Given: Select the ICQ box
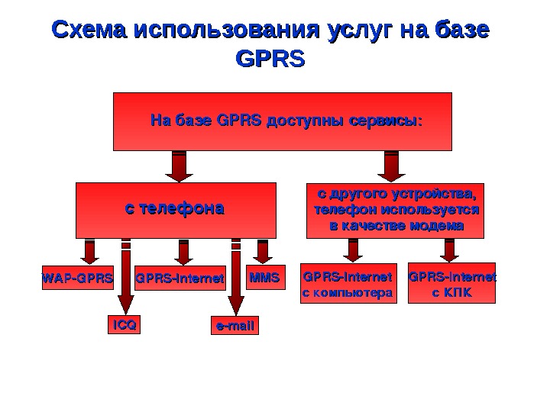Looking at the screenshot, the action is pos(124,326).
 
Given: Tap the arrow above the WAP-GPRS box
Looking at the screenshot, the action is pos(90,253).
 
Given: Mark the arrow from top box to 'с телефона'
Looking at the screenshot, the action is pos(179,166).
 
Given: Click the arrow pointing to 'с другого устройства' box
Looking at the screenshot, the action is pos(392,166).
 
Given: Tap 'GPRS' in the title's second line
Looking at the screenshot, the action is pos(271,60).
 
